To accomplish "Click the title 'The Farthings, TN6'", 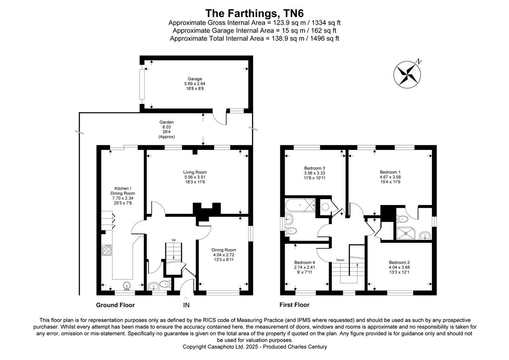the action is [254, 14].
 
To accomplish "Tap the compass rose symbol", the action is [407, 74].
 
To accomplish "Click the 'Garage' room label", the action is [195, 79].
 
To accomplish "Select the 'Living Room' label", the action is [195, 172].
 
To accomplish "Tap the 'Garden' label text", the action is [167, 122].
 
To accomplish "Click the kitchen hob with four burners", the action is [107, 250].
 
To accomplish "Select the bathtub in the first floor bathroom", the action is [300, 205].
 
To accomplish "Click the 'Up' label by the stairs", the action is [173, 240].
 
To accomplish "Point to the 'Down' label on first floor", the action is [340, 260].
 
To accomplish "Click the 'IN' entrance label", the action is [186, 305].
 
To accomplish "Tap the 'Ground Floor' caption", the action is [115, 305].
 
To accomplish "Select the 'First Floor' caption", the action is [294, 305].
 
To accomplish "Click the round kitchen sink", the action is [127, 285].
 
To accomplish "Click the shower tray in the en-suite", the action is [406, 233].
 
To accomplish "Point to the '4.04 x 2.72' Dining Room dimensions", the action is [224, 255].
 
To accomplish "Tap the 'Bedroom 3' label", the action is [314, 168].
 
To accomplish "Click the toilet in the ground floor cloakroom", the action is [165, 284].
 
